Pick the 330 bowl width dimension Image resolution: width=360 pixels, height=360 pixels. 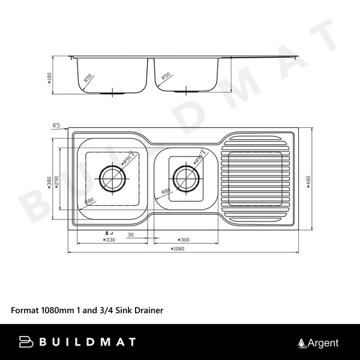(x=109, y=240)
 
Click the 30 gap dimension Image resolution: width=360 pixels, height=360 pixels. (x=130, y=234)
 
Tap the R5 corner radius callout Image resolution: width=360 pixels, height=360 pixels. (x=57, y=125)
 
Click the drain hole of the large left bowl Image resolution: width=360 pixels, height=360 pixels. (x=112, y=178)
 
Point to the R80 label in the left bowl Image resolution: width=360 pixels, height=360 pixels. (x=89, y=200)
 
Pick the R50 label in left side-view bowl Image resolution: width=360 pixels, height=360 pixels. (x=88, y=77)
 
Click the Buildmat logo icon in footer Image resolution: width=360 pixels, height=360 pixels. (x=26, y=343)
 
